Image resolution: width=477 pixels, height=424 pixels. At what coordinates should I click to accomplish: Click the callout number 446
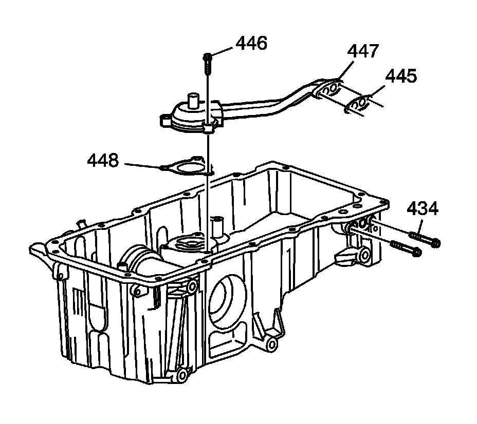pyautogui.click(x=251, y=44)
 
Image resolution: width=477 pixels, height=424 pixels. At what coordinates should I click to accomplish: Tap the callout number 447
pyautogui.click(x=363, y=51)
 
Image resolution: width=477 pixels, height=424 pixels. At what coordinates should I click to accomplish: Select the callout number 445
pyautogui.click(x=401, y=77)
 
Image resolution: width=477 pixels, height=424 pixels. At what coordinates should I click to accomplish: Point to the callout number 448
pyautogui.click(x=103, y=161)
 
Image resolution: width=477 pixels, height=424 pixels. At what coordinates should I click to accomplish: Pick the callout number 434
pyautogui.click(x=423, y=209)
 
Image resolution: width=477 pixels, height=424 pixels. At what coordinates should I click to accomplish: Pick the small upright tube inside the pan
pyautogui.click(x=217, y=225)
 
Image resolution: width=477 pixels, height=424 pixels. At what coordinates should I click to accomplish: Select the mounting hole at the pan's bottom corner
pyautogui.click(x=182, y=376)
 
